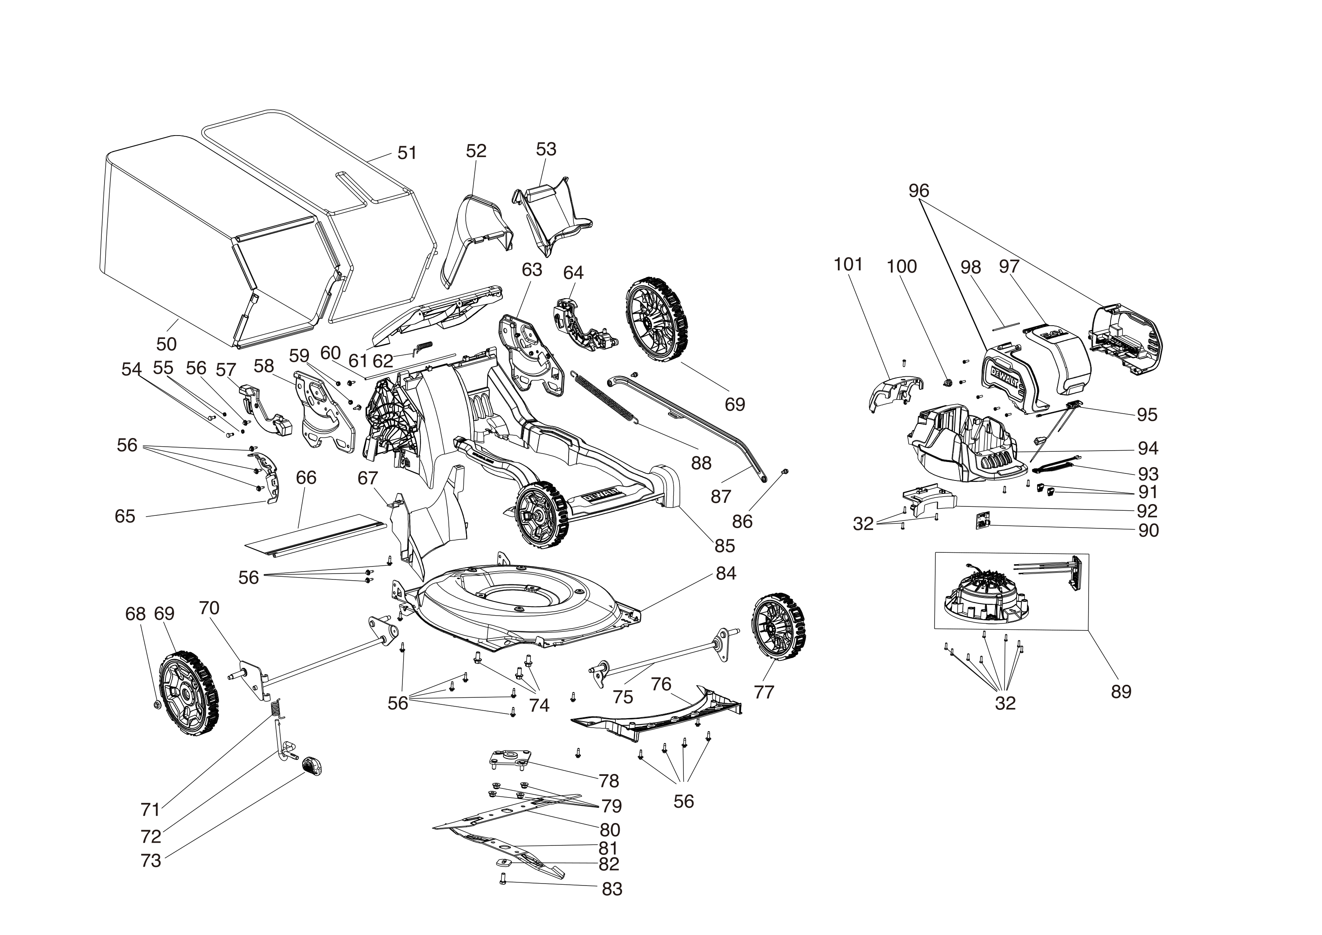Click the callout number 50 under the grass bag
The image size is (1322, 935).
[x=166, y=344]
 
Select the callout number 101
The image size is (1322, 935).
[x=848, y=264]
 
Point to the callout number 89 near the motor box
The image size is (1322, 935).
[x=1121, y=691]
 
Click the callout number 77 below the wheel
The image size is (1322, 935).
[x=764, y=692]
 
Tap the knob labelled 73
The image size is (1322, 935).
[x=312, y=766]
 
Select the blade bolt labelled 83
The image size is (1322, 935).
[x=503, y=895]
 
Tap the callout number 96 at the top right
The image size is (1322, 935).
[x=919, y=190]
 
